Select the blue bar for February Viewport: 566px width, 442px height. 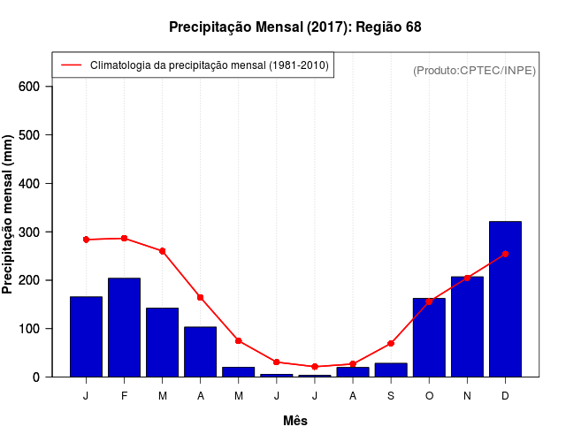point(124,327)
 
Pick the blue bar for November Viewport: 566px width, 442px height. point(467,326)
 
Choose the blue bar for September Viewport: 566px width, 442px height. point(391,370)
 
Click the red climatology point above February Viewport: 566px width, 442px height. point(124,239)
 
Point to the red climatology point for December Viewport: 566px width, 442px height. point(505,254)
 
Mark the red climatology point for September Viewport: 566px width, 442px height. point(391,343)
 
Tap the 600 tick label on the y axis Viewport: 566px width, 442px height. point(29,87)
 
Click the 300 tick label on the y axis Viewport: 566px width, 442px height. point(29,232)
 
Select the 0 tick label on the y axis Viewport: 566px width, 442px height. point(35,377)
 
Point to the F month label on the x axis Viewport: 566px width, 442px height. point(124,396)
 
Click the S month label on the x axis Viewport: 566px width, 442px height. point(391,396)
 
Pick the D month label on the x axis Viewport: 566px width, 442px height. point(505,396)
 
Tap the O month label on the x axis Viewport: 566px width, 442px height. point(429,396)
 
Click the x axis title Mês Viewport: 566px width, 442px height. point(295,421)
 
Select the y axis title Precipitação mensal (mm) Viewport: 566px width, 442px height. point(9,215)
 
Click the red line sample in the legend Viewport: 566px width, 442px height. point(72,65)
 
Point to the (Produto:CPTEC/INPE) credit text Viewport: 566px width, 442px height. point(474,70)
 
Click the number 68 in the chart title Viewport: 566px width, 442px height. point(413,27)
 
